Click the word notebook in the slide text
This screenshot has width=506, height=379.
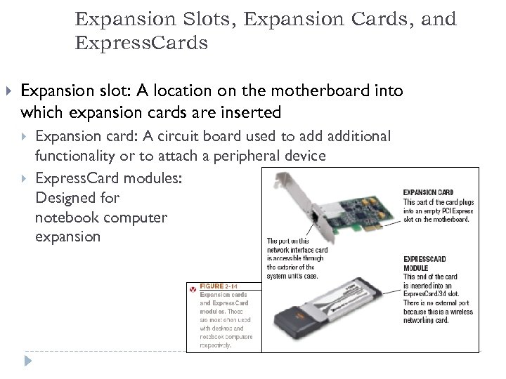coord(65,218)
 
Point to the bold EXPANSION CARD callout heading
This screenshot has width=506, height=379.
coord(428,192)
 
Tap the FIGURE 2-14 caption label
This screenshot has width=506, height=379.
coord(221,286)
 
